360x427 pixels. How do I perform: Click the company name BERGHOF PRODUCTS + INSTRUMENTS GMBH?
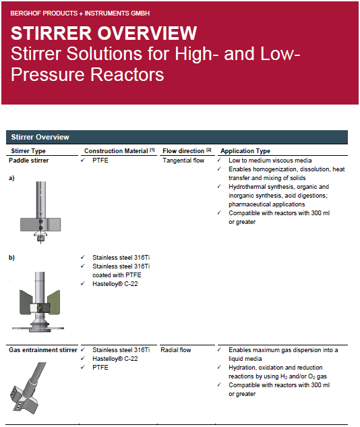point(80,13)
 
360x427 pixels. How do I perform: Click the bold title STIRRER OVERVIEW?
point(104,33)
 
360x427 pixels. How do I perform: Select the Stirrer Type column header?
point(28,151)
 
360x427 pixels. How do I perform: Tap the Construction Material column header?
point(119,150)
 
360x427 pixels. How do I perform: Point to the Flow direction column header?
point(187,150)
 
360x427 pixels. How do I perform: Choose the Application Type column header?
point(245,151)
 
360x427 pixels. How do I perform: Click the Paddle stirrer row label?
point(28,161)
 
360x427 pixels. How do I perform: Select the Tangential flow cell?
point(183,161)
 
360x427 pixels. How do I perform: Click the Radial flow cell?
point(176,350)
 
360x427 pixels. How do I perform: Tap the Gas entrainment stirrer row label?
point(43,350)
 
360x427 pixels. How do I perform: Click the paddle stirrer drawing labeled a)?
point(40,212)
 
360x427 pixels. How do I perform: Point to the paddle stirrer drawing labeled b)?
point(38,302)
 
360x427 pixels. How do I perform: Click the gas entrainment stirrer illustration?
point(27,389)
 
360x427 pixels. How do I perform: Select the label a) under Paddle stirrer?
point(11,178)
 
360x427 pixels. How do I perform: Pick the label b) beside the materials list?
point(11,258)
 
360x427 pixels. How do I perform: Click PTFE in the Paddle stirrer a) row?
point(100,161)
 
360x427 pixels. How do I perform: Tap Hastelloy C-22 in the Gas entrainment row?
point(115,359)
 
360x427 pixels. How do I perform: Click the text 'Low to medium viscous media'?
point(270,161)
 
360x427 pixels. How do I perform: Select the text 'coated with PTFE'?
point(117,275)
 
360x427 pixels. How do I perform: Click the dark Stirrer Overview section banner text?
point(40,137)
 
